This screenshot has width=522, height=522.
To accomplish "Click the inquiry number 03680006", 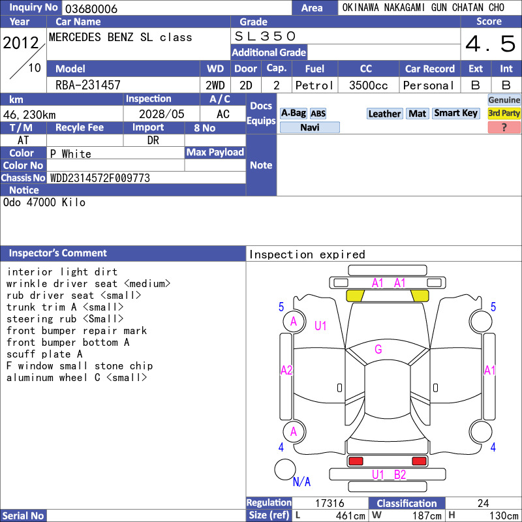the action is pyautogui.click(x=91, y=8).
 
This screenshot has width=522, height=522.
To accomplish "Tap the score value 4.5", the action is pyautogui.click(x=491, y=44).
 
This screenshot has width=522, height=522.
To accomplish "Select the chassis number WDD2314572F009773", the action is pyautogui.click(x=100, y=178).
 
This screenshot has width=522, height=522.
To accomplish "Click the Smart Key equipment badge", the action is pyautogui.click(x=456, y=113).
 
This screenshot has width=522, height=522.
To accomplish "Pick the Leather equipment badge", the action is pyautogui.click(x=384, y=114).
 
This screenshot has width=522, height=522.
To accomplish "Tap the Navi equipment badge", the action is pyautogui.click(x=309, y=127).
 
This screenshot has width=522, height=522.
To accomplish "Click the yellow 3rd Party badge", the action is pyautogui.click(x=504, y=113).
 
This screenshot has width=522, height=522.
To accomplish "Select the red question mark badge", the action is pyautogui.click(x=504, y=127).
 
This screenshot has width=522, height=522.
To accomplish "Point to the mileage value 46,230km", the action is pyautogui.click(x=29, y=115).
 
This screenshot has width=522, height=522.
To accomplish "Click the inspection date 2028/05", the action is pyautogui.click(x=161, y=114).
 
